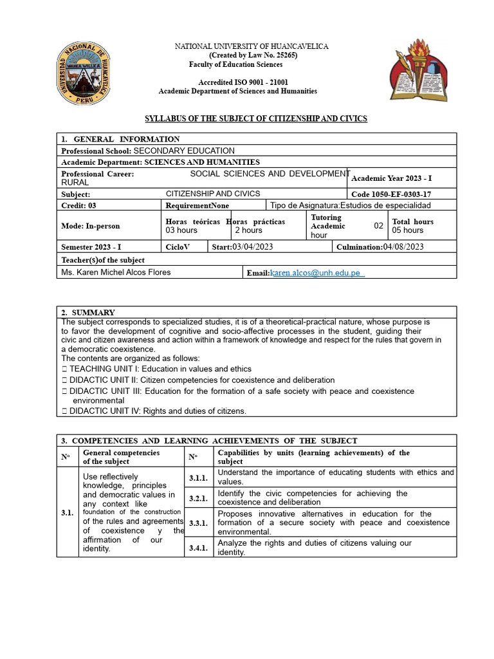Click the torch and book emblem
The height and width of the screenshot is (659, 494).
pyautogui.click(x=416, y=70)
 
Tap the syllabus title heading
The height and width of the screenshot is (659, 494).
pyautogui.click(x=256, y=119)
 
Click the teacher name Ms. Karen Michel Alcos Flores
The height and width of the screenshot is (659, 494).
pyautogui.click(x=116, y=272)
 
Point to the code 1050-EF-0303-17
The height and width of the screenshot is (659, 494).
pyautogui.click(x=391, y=194)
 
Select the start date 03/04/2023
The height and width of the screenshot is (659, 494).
pyautogui.click(x=244, y=246)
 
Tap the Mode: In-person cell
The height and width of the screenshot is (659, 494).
pyautogui.click(x=90, y=226)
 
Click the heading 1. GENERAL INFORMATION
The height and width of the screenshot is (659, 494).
pyautogui.click(x=120, y=139)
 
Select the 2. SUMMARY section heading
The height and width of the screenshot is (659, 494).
pyautogui.click(x=88, y=312)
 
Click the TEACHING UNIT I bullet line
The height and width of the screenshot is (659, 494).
pyautogui.click(x=152, y=369)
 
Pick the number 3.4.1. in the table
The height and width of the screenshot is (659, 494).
pyautogui.click(x=197, y=548)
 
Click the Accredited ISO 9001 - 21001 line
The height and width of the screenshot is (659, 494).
pyautogui.click(x=243, y=82)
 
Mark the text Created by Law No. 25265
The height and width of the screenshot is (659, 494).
pyautogui.click(x=244, y=55)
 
